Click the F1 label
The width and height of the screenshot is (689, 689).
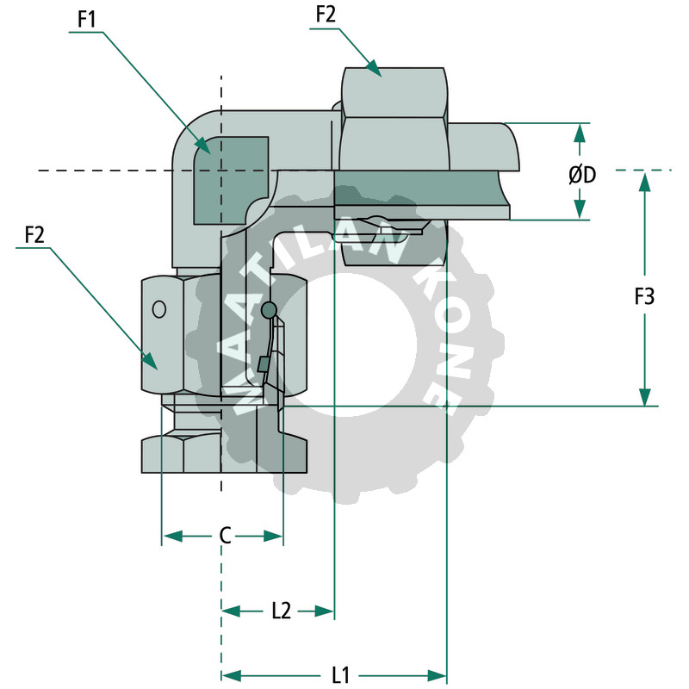pos(86,19)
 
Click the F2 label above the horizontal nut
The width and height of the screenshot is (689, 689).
pos(326,15)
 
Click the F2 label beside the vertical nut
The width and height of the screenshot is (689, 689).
pos(35,234)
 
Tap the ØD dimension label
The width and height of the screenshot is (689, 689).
pos(582,174)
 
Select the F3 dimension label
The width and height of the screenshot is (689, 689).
pos(644,297)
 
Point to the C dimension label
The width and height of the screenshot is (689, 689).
pos(224,537)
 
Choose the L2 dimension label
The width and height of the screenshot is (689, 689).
pos(281,611)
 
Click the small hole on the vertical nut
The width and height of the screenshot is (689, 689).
pos(159,308)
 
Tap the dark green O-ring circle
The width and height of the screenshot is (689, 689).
pos(268,309)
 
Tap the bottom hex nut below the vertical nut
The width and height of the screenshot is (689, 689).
pos(224,453)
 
